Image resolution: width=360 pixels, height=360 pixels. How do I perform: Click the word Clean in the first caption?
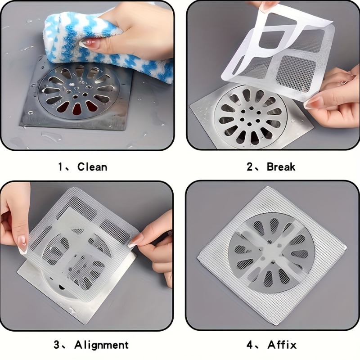(92, 167)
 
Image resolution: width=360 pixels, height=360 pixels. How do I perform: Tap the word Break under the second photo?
(281, 167)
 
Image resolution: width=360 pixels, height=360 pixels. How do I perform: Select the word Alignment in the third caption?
(102, 345)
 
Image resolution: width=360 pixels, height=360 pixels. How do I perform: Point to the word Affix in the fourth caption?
(282, 345)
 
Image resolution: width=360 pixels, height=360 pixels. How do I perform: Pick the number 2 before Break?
(250, 167)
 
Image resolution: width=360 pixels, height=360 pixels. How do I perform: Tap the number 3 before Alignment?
(57, 345)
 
